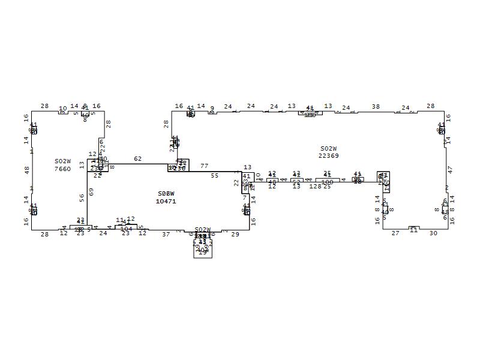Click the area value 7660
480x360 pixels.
click(62, 169)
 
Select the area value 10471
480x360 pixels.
click(166, 202)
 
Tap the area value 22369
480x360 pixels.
click(328, 156)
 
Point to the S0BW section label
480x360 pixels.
click(166, 194)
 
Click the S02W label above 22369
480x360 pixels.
click(328, 148)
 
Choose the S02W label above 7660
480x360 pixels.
click(62, 161)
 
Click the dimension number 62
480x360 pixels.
click(138, 159)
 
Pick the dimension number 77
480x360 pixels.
click(205, 166)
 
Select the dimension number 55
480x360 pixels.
click(215, 176)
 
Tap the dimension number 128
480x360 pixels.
click(315, 187)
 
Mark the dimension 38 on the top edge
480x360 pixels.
click(376, 107)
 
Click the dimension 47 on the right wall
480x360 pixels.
click(450, 170)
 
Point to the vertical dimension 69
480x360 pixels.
click(91, 191)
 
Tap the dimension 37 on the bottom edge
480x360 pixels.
click(166, 235)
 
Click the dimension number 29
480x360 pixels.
click(235, 235)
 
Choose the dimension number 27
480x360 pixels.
click(395, 233)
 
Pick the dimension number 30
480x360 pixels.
click(433, 233)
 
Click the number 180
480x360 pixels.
click(327, 182)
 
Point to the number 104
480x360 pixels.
click(126, 229)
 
